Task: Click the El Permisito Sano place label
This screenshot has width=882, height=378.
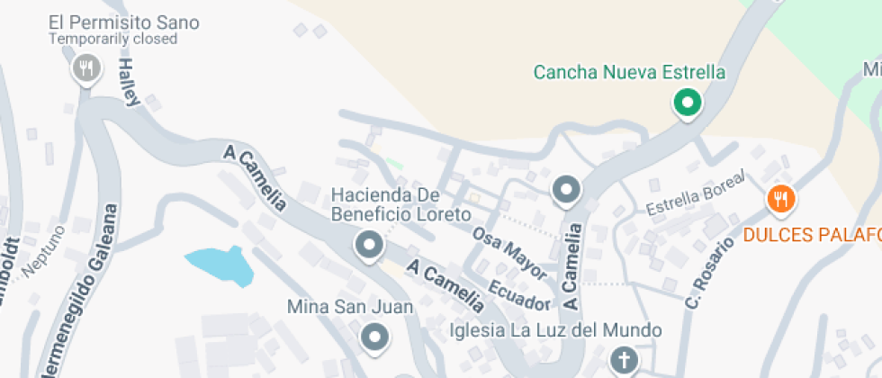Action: pyautogui.click(x=124, y=22)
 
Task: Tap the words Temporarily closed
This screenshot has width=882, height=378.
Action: pyautogui.click(x=112, y=40)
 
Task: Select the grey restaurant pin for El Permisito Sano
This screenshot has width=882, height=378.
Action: pyautogui.click(x=86, y=67)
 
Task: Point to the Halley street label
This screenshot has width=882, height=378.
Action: pyautogui.click(x=130, y=82)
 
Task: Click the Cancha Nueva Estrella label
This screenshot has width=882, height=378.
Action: pyautogui.click(x=629, y=72)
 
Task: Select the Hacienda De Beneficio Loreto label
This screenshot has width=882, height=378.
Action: pyautogui.click(x=400, y=204)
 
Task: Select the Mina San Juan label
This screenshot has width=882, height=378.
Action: pyautogui.click(x=349, y=307)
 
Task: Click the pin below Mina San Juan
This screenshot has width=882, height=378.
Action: pyautogui.click(x=374, y=337)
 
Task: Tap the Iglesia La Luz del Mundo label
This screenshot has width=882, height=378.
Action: pyautogui.click(x=555, y=330)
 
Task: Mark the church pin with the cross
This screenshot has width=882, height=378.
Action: pyautogui.click(x=623, y=361)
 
